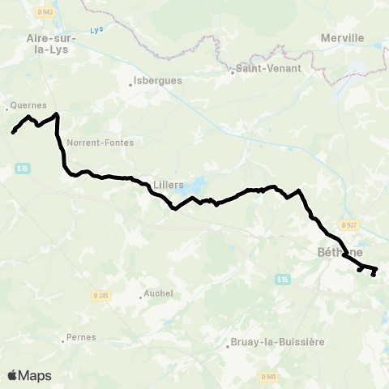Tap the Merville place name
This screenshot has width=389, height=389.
pyautogui.click(x=342, y=38)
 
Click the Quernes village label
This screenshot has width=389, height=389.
pyautogui.click(x=28, y=105)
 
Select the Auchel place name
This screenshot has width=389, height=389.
pyautogui.click(x=157, y=293)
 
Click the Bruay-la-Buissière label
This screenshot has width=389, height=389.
pyautogui.click(x=277, y=342)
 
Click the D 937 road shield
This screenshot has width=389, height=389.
pyautogui.click(x=349, y=224)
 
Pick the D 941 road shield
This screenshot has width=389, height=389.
pyautogui.click(x=269, y=376)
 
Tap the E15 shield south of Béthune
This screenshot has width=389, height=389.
pyautogui.click(x=282, y=280)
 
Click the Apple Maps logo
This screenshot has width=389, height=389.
pyautogui.click(x=29, y=375)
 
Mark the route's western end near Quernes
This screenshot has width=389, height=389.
pyautogui.click(x=14, y=132)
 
